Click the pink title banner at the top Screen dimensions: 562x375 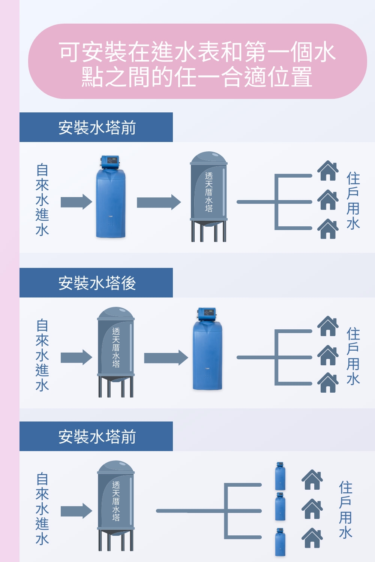(197, 62)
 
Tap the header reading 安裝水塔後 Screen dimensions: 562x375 (96, 283)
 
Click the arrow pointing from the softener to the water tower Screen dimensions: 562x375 (158, 202)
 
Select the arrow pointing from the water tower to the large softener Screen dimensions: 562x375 (165, 358)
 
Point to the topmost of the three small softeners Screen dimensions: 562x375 (280, 477)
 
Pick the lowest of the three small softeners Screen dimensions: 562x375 (280, 542)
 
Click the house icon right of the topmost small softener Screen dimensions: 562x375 (312, 480)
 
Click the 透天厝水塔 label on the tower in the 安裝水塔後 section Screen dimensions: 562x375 (116, 347)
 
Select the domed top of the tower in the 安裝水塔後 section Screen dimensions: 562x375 (116, 313)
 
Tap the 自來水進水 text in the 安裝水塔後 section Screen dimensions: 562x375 (42, 355)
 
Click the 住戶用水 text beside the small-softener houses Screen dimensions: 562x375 (345, 510)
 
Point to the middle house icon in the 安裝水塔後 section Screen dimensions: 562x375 (328, 356)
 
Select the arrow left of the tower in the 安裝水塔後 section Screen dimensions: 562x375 (76, 357)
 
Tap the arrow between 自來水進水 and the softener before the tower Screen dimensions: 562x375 (76, 202)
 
